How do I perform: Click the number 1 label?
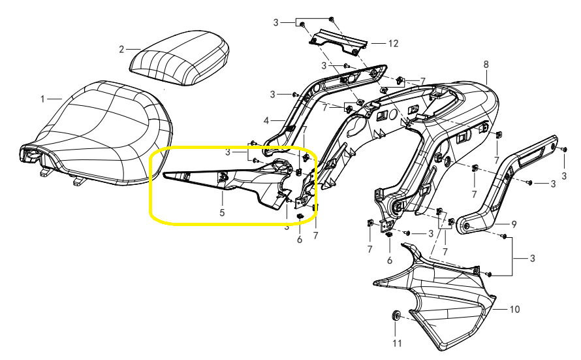pyautogui.click(x=42, y=99)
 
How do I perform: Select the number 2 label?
pyautogui.click(x=121, y=49)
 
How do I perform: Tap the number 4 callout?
pyautogui.click(x=266, y=121)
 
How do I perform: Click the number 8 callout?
pyautogui.click(x=486, y=65)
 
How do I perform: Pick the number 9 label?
pyautogui.click(x=514, y=224)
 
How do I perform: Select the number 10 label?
pyautogui.click(x=514, y=308)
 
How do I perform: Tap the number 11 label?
pyautogui.click(x=396, y=342)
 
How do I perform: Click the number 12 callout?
pyautogui.click(x=392, y=44)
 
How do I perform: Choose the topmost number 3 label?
pyautogui.click(x=276, y=22)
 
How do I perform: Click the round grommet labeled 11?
pyautogui.click(x=396, y=316)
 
